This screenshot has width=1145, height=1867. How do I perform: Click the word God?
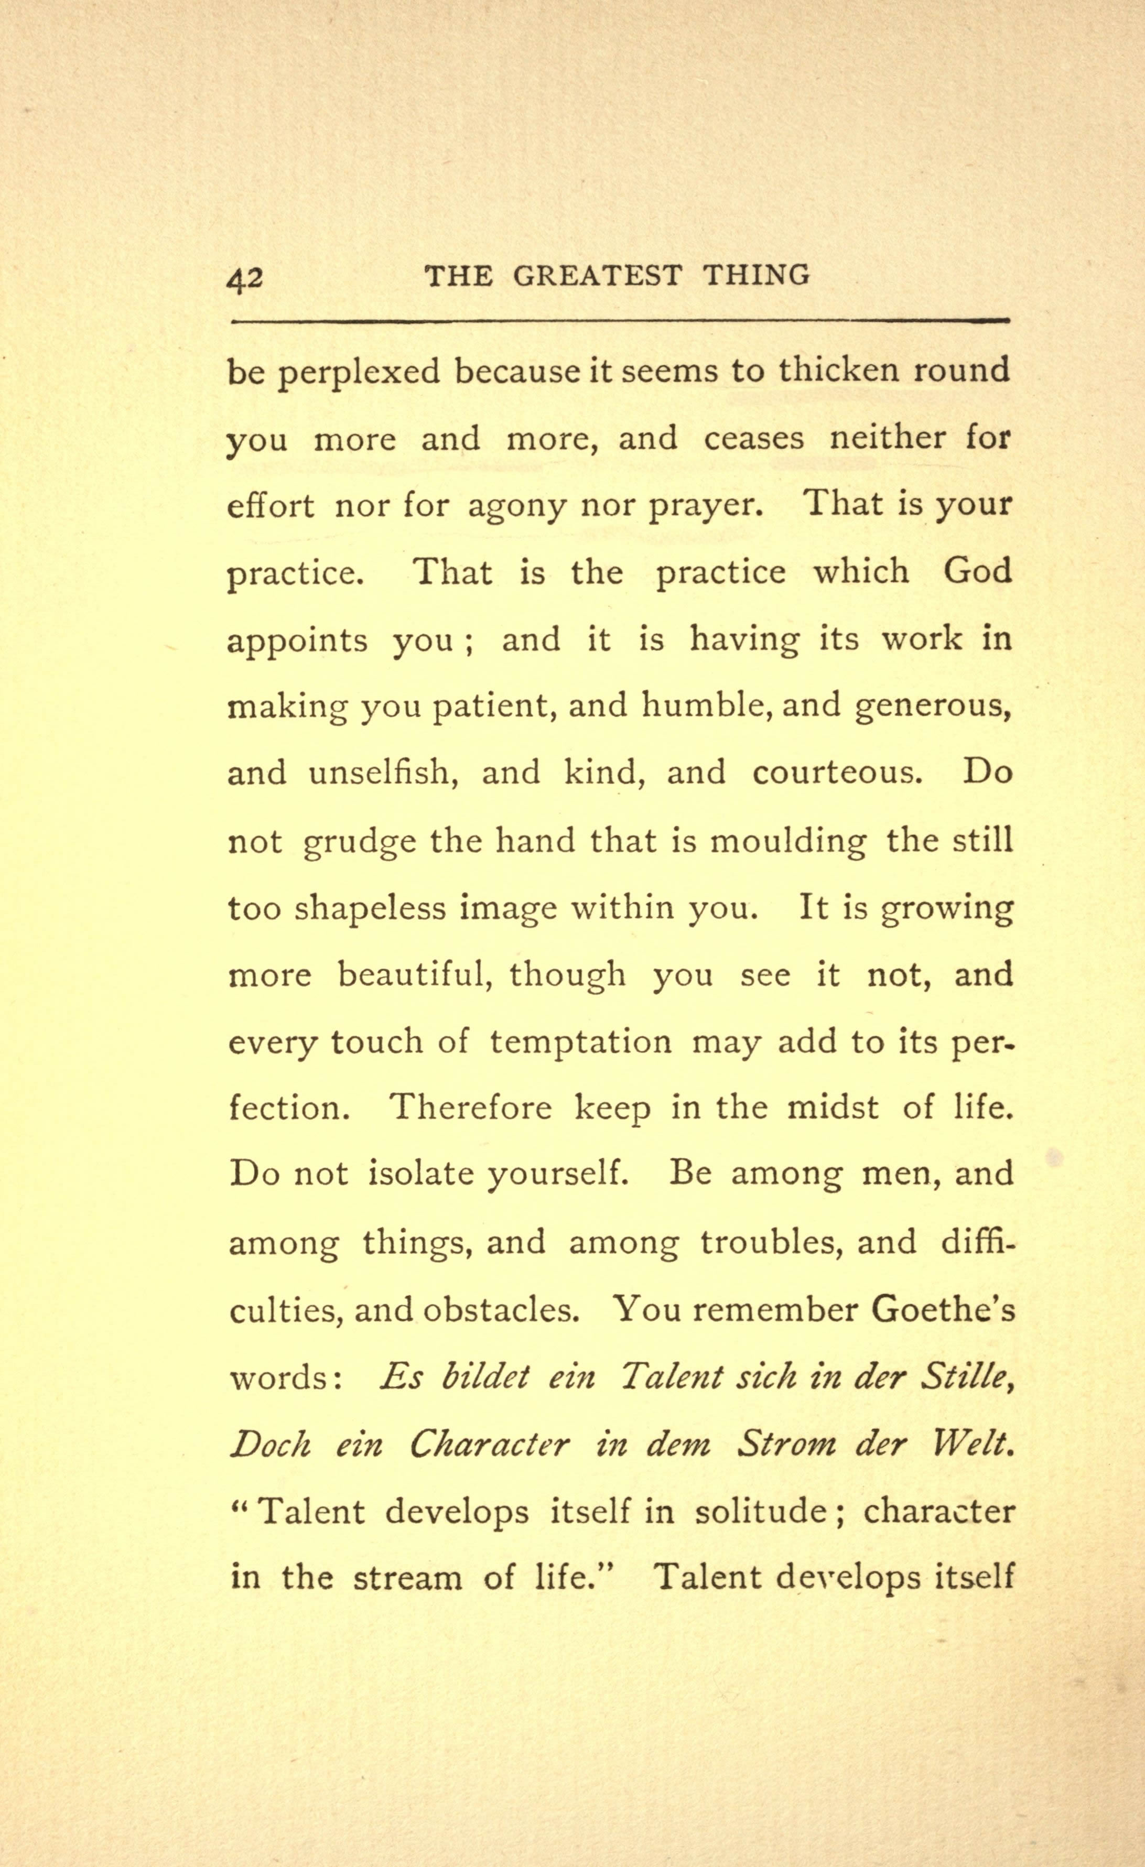click(978, 571)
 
